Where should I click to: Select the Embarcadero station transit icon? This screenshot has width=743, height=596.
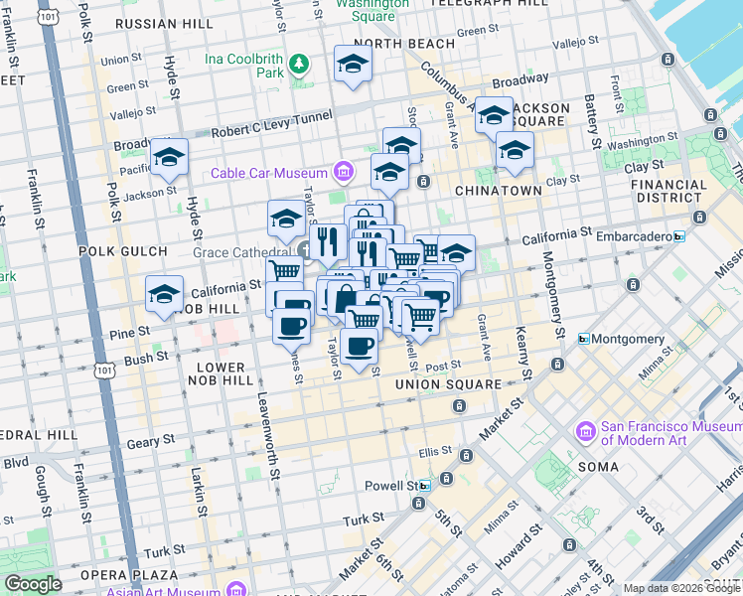(x=678, y=235)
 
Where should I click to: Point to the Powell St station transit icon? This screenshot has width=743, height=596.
(x=424, y=486)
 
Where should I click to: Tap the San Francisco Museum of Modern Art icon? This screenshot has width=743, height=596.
(x=585, y=432)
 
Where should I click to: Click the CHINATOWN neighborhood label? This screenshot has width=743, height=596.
(x=498, y=190)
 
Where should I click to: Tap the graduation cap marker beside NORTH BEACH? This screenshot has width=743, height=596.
(x=352, y=66)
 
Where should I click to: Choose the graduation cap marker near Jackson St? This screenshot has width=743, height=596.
(x=169, y=158)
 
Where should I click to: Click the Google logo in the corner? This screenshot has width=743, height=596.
(x=33, y=584)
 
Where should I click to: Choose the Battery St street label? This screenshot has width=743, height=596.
(x=593, y=118)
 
